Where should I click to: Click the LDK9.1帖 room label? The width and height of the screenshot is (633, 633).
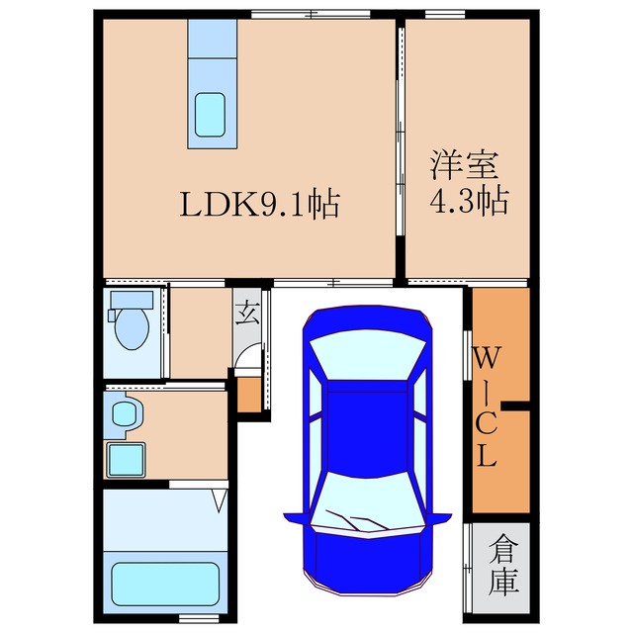pos(260,205)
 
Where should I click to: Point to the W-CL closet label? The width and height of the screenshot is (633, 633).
pos(488,407)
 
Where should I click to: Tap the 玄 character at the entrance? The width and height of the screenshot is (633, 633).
pos(248,316)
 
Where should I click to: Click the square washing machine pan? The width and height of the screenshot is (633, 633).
pos(125,459)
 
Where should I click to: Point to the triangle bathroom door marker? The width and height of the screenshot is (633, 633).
pos(219,503)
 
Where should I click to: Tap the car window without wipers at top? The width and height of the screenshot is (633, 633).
pos(366,359)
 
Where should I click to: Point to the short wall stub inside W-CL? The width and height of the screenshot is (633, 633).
pos(516,405)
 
